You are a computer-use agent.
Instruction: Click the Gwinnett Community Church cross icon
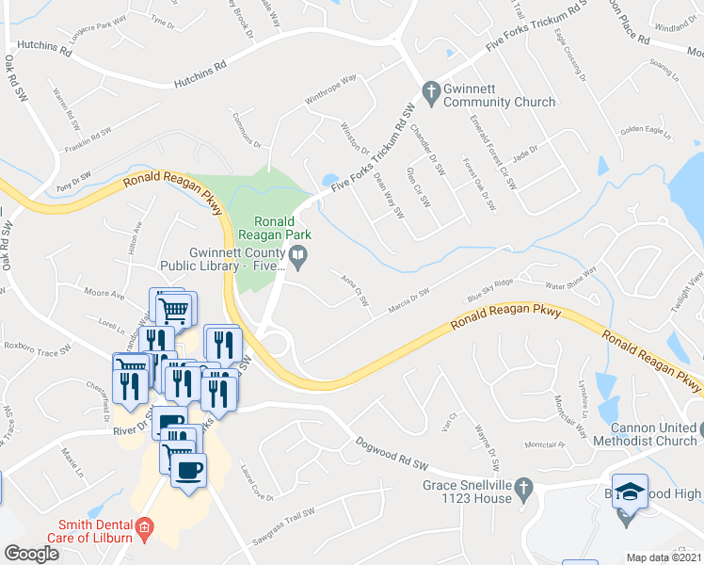coord(432,90)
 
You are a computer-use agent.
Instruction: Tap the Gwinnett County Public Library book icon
coord(298,253)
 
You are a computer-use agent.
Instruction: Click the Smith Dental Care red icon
coord(143,526)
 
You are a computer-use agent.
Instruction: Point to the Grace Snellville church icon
coord(526,486)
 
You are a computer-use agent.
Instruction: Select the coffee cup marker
coord(189,468)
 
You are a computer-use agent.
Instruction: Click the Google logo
coord(31,554)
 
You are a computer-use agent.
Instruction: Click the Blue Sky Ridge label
coord(491,290)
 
